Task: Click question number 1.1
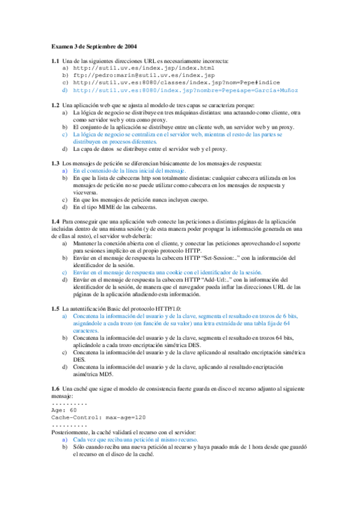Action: (55, 61)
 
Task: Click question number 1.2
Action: (55, 105)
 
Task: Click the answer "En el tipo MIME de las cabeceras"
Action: (115, 207)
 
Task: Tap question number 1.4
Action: (55, 221)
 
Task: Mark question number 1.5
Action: (55, 308)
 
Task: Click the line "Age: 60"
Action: (64, 410)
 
